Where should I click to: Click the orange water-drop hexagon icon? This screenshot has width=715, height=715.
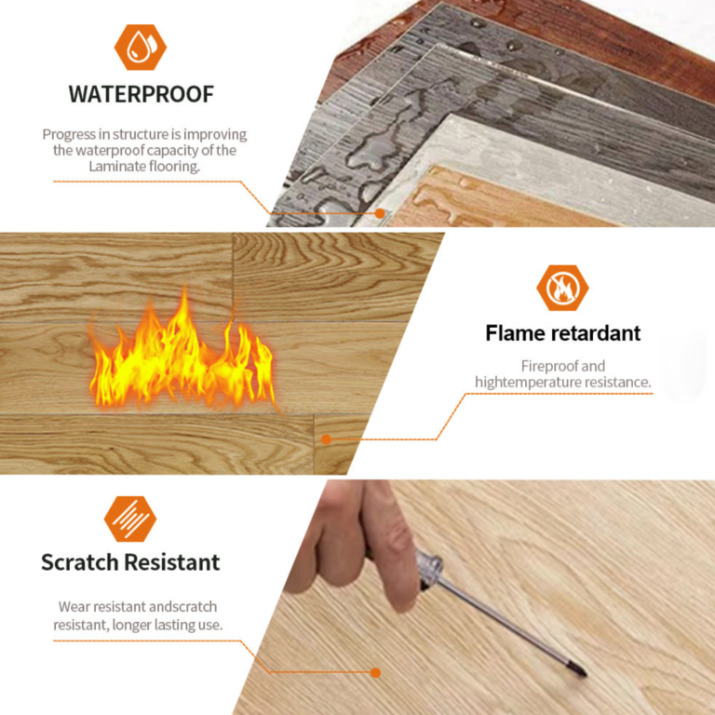[x=141, y=47]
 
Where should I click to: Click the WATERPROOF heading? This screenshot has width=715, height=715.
[x=141, y=94]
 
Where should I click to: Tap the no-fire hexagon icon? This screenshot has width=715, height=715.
[x=562, y=288]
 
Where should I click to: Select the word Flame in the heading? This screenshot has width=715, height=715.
[x=514, y=333]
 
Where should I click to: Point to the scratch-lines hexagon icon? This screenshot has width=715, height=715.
[x=130, y=519]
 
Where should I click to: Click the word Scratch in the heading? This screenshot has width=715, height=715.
[x=80, y=561]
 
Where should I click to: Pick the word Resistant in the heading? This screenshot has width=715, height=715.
[x=172, y=561]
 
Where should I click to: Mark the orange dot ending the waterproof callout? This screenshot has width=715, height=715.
[x=380, y=213]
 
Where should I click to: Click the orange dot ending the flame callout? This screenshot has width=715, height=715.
[x=326, y=439]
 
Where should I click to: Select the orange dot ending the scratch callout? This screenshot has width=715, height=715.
[x=376, y=672]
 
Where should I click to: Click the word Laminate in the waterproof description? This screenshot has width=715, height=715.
[x=117, y=167]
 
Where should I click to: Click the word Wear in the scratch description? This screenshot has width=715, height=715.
[x=72, y=607]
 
